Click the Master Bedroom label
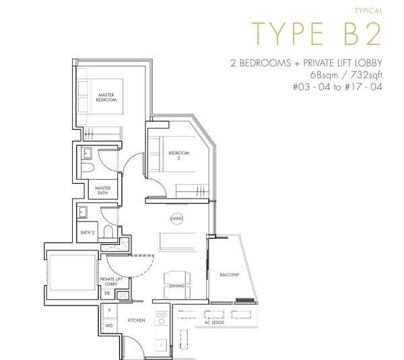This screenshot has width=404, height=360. (x=106, y=98)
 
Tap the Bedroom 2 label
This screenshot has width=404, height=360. (x=179, y=155)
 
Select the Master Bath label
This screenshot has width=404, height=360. (x=103, y=190)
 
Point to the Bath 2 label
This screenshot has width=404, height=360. (x=88, y=233)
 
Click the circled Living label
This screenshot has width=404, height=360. (x=176, y=219)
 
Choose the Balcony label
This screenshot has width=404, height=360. (x=230, y=275)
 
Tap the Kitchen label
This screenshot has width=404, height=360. (x=136, y=320)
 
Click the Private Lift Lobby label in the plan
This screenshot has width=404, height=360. (x=111, y=281)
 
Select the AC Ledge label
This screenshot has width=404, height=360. (x=214, y=322)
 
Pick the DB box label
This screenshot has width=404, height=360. (x=107, y=293)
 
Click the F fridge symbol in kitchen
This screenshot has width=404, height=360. (x=110, y=311)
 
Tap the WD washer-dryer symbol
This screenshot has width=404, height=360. (x=110, y=326)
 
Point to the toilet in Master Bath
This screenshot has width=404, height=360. (x=88, y=168)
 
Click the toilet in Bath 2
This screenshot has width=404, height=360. (x=108, y=231)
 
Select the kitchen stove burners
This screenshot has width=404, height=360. (x=162, y=318)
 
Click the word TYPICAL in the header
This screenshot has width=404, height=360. (x=369, y=11)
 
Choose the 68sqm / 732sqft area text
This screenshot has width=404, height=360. (x=346, y=75)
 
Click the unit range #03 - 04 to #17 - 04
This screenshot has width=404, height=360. (x=337, y=87)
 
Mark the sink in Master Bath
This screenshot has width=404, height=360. (x=87, y=153)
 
